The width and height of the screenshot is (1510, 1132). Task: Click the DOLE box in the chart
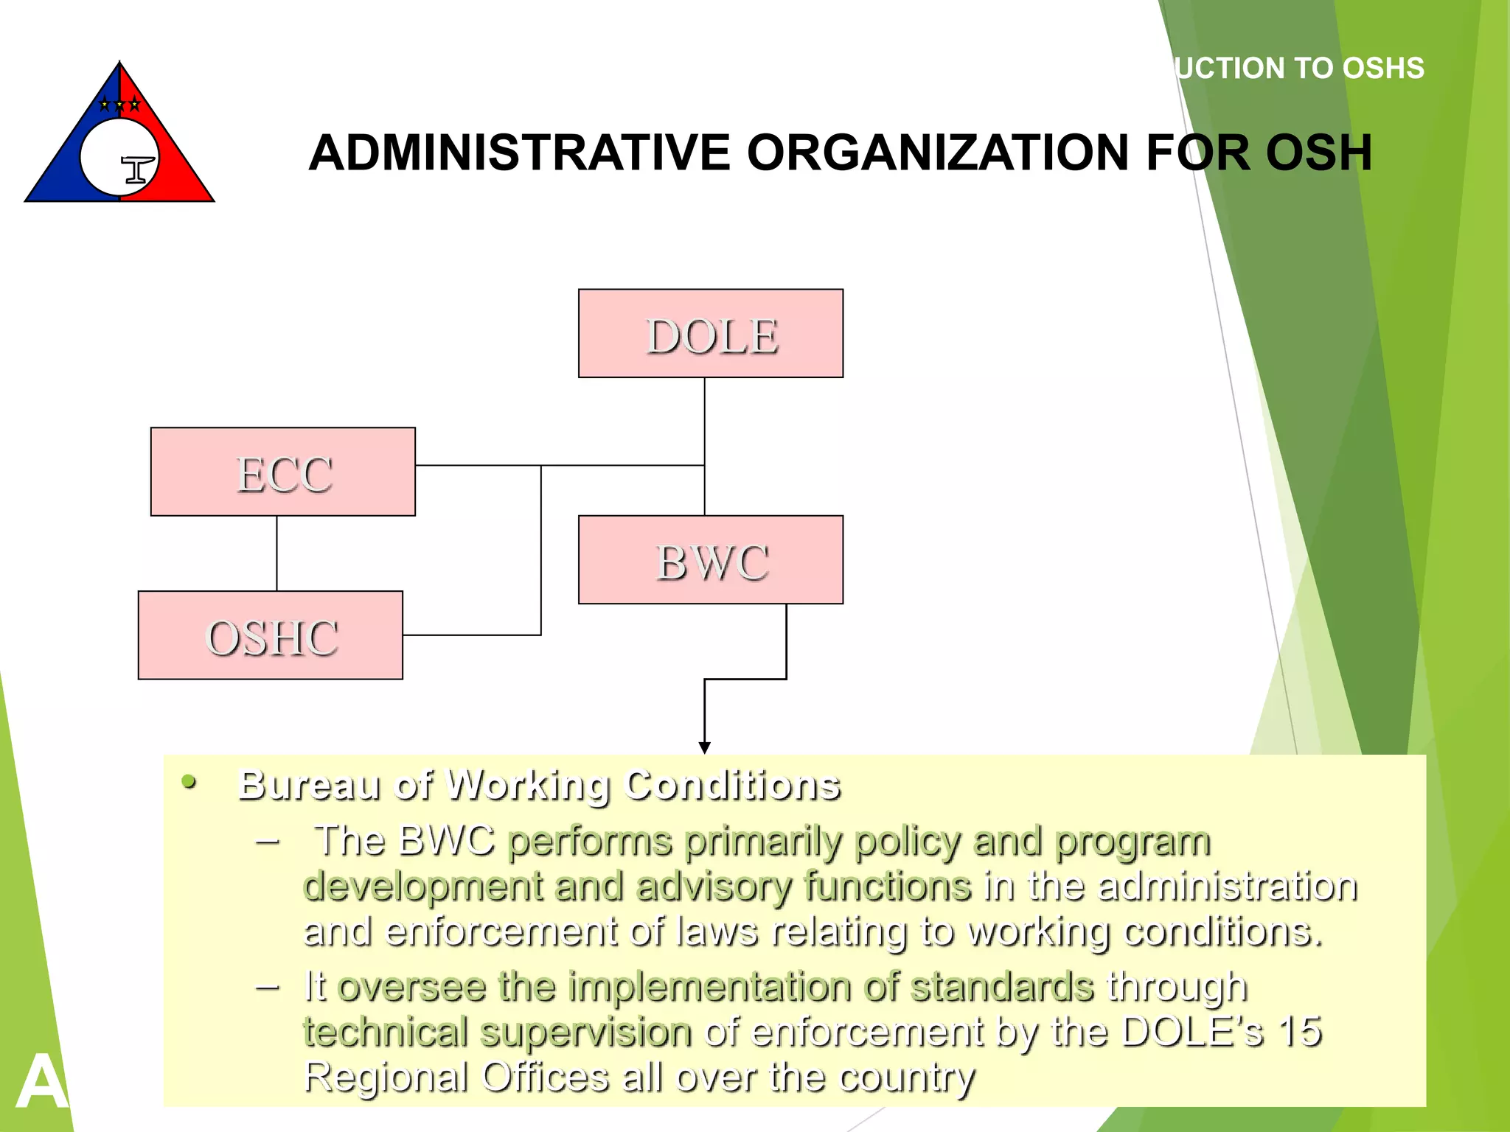pyautogui.click(x=711, y=334)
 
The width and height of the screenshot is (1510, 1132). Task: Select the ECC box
pyautogui.click(x=283, y=472)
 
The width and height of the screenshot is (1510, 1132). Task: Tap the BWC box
pyautogui.click(x=711, y=560)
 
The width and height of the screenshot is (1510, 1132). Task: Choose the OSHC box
pyautogui.click(x=271, y=635)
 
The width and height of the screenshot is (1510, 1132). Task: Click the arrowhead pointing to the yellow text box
pyautogui.click(x=704, y=747)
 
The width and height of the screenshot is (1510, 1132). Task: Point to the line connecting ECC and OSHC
pyautogui.click(x=277, y=553)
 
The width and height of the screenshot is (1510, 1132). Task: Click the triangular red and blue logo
pyautogui.click(x=119, y=140)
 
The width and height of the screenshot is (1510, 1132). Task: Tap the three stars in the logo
pyautogui.click(x=119, y=105)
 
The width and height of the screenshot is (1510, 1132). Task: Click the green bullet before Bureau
pyautogui.click(x=189, y=782)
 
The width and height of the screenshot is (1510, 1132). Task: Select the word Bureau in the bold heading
pyautogui.click(x=310, y=785)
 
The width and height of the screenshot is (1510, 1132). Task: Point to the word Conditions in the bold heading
pyautogui.click(x=732, y=785)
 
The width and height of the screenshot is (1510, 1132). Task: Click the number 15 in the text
pyautogui.click(x=1299, y=1031)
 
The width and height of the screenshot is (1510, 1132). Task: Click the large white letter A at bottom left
pyautogui.click(x=41, y=1082)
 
